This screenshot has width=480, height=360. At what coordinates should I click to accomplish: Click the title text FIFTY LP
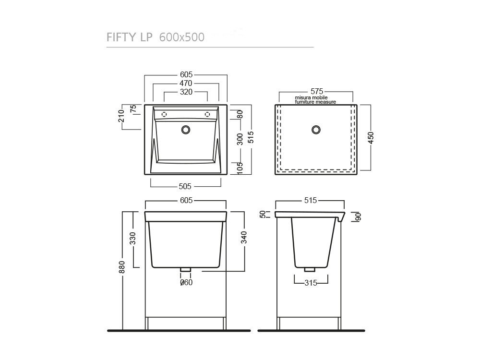pyautogui.click(x=129, y=37)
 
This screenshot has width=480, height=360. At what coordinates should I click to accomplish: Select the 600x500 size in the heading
pyautogui.click(x=182, y=37)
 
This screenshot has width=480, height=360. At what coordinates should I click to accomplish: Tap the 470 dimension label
pyautogui.click(x=186, y=83)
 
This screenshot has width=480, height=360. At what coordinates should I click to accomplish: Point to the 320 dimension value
pyautogui.click(x=186, y=92)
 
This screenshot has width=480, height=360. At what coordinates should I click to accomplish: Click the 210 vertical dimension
pyautogui.click(x=121, y=116)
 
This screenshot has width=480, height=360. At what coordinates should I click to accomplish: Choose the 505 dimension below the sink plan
pyautogui.click(x=185, y=186)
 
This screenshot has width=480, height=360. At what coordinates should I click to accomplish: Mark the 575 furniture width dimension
pyautogui.click(x=317, y=91)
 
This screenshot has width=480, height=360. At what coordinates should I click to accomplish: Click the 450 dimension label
pyautogui.click(x=371, y=138)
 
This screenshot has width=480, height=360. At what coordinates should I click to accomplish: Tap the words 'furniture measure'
pyautogui.click(x=315, y=102)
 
